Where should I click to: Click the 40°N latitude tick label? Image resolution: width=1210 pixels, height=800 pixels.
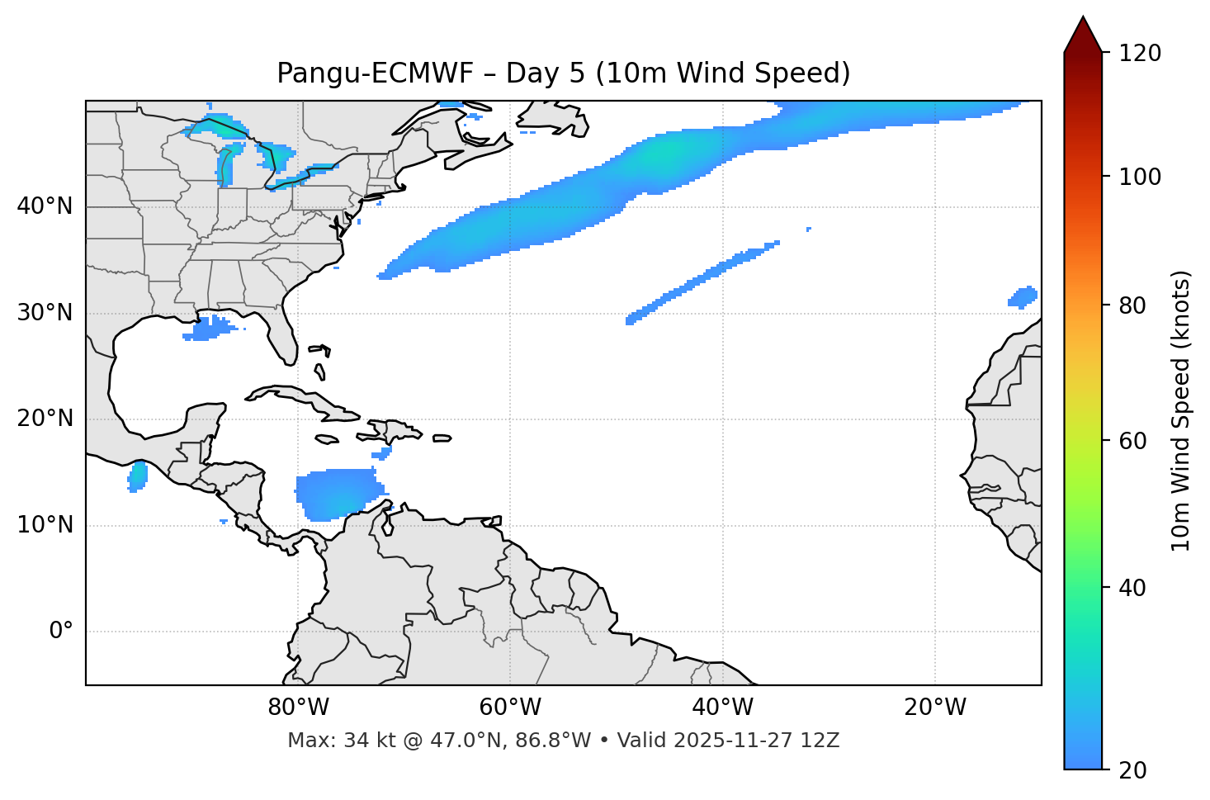45,206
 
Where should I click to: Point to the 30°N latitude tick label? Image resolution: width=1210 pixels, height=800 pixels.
45,313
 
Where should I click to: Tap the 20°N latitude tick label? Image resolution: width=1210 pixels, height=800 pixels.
45,419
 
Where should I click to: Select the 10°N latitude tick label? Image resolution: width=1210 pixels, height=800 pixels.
45,525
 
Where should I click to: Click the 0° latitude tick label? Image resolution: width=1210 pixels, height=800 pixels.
61,632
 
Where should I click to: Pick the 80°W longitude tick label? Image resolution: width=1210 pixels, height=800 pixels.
298,708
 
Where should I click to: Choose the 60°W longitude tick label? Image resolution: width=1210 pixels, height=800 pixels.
510,708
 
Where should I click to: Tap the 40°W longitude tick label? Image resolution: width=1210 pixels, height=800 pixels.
723,708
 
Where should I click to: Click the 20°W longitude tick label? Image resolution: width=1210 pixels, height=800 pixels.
935,708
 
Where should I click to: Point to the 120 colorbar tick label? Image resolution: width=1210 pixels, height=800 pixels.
1139,54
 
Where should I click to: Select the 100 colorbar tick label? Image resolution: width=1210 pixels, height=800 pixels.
1139,177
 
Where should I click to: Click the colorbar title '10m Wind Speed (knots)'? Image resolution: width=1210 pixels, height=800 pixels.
1181,410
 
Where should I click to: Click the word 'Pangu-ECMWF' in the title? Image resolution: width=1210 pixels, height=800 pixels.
375,73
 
